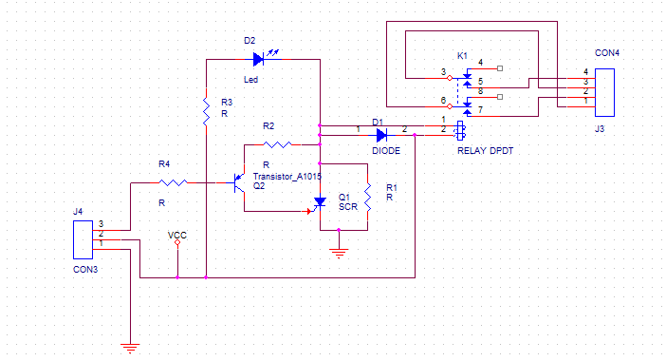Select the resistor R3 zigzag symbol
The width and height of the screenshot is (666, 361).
[x=206, y=112]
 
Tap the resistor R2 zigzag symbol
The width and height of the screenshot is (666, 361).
[x=277, y=144]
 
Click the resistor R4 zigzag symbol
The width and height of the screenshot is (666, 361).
[x=174, y=182]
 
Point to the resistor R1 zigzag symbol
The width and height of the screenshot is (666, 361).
[x=367, y=197]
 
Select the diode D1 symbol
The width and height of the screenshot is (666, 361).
[x=381, y=135]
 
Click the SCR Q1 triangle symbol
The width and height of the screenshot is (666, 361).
[x=319, y=202]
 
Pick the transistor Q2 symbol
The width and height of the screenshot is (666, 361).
[x=239, y=182]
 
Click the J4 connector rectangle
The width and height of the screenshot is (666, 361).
[x=83, y=239]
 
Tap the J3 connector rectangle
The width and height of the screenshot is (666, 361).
[x=604, y=92]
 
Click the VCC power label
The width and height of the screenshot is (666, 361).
[x=177, y=236]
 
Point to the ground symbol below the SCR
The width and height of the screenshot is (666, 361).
[x=339, y=254]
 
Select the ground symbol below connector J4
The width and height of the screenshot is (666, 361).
[x=130, y=349]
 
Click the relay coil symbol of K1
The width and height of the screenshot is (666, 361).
[x=460, y=130]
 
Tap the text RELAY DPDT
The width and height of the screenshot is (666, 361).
[x=485, y=150]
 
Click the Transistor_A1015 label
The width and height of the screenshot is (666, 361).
[x=287, y=176]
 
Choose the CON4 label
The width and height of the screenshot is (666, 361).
[x=607, y=53]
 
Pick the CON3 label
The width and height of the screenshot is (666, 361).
[x=85, y=269]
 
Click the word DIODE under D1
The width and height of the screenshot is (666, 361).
[x=386, y=150]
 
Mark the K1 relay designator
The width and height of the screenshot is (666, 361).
[x=462, y=56]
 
